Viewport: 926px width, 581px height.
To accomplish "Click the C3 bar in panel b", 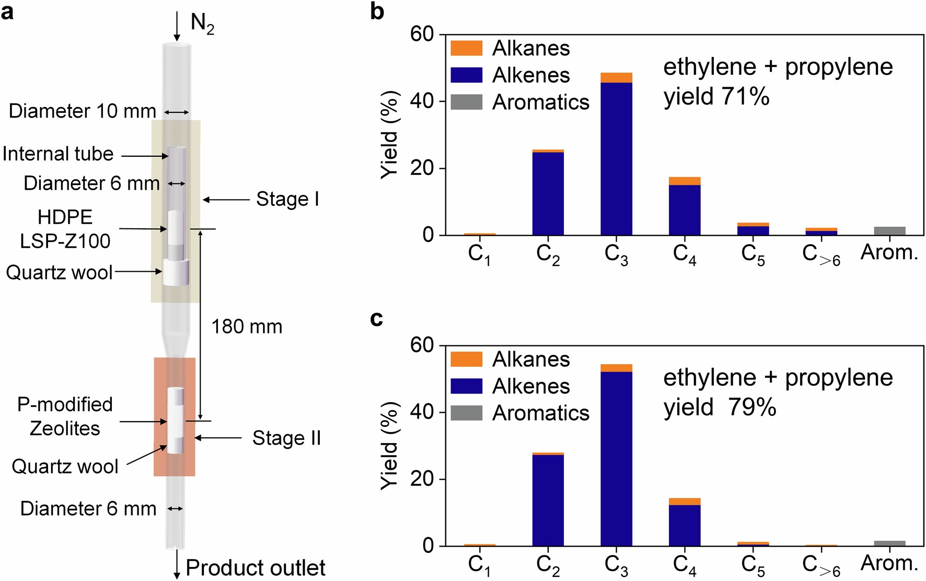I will [x=616, y=157].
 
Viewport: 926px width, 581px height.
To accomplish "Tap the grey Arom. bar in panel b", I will [x=889, y=231].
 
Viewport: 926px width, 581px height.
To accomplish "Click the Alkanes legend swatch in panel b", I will [x=466, y=48].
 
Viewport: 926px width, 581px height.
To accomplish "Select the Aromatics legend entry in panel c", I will [x=540, y=413].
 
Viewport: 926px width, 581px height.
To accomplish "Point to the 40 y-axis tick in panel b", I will [x=422, y=101].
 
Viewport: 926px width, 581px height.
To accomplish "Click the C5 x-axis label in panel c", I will [x=753, y=565].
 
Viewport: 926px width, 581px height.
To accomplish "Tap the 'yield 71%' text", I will [x=716, y=97].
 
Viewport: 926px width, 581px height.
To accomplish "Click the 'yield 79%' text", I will [x=720, y=407].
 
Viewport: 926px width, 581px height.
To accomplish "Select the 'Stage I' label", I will [x=287, y=199].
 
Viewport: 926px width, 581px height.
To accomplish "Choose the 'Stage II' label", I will [x=286, y=438].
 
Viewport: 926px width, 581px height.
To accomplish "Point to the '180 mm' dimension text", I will [x=247, y=327].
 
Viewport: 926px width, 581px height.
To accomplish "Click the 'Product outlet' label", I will [x=255, y=568].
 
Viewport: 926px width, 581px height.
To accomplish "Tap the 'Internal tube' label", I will [x=58, y=154].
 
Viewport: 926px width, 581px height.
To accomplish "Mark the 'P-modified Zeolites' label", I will [x=65, y=416].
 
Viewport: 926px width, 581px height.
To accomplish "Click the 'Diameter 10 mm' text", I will [x=82, y=111].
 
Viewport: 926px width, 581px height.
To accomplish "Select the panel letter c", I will [x=376, y=318].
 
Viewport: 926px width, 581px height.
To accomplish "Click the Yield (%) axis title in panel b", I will [x=390, y=134].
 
